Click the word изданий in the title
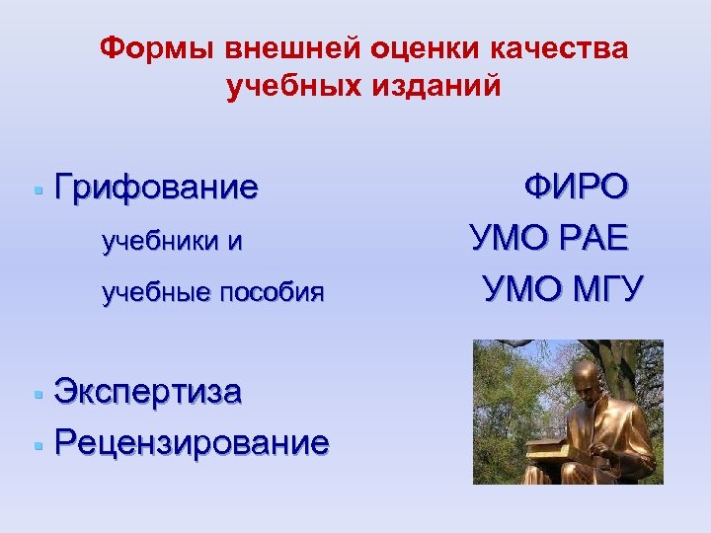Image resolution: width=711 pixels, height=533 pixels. coord(438,88)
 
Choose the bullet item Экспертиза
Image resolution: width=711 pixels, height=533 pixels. coord(148,392)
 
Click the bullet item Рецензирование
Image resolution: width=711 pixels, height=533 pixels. coord(192,443)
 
